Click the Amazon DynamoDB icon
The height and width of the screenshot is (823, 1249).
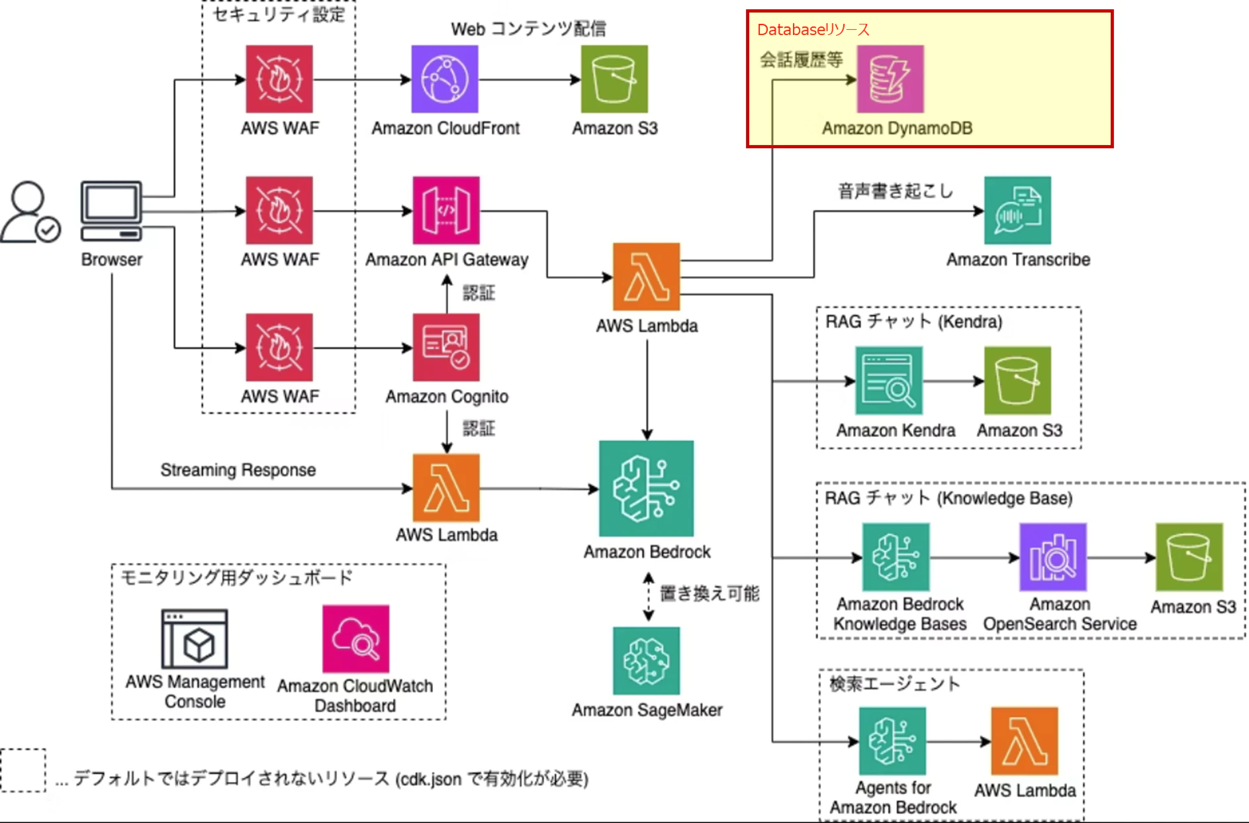(x=890, y=79)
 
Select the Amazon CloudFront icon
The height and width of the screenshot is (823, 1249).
(x=445, y=79)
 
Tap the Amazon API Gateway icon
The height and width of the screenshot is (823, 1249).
(x=446, y=210)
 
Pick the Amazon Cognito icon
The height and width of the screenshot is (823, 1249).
(x=446, y=347)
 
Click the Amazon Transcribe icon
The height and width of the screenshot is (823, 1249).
(x=1017, y=210)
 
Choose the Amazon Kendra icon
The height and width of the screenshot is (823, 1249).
(x=888, y=381)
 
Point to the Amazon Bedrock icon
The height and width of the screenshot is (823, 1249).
(x=646, y=488)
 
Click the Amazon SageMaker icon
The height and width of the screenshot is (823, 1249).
(x=646, y=660)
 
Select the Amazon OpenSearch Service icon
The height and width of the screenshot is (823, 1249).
(x=1052, y=557)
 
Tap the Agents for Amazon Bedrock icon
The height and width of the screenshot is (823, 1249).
(x=892, y=741)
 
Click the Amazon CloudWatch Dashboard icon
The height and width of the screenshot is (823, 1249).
(x=355, y=638)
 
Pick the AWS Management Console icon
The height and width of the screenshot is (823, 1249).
(x=195, y=638)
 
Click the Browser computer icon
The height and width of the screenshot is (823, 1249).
(x=111, y=211)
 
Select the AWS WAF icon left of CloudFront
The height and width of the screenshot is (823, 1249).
(x=279, y=79)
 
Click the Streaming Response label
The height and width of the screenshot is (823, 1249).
(x=238, y=470)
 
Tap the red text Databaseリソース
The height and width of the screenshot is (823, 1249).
(x=813, y=30)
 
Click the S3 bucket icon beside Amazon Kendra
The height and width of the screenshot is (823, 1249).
(x=1017, y=381)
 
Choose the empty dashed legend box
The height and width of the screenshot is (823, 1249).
(x=23, y=770)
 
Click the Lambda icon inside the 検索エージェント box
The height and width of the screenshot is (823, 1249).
(x=1024, y=741)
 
